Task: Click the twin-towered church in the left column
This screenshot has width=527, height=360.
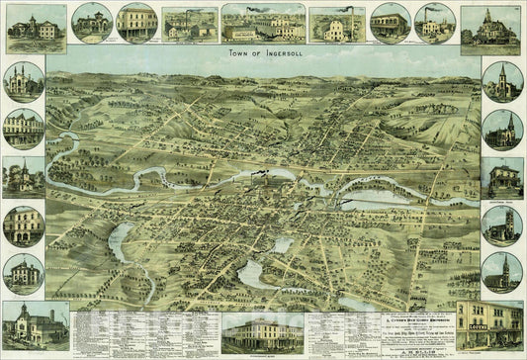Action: point(22,79)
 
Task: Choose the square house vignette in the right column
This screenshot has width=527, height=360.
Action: point(502,176)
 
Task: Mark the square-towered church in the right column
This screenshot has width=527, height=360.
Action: point(502,225)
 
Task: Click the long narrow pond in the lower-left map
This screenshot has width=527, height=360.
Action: point(122,237)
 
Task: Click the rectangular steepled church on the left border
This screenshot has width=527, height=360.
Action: point(22,176)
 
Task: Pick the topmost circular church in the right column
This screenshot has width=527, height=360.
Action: point(502,81)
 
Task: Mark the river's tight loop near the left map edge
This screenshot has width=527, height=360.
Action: point(69,138)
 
